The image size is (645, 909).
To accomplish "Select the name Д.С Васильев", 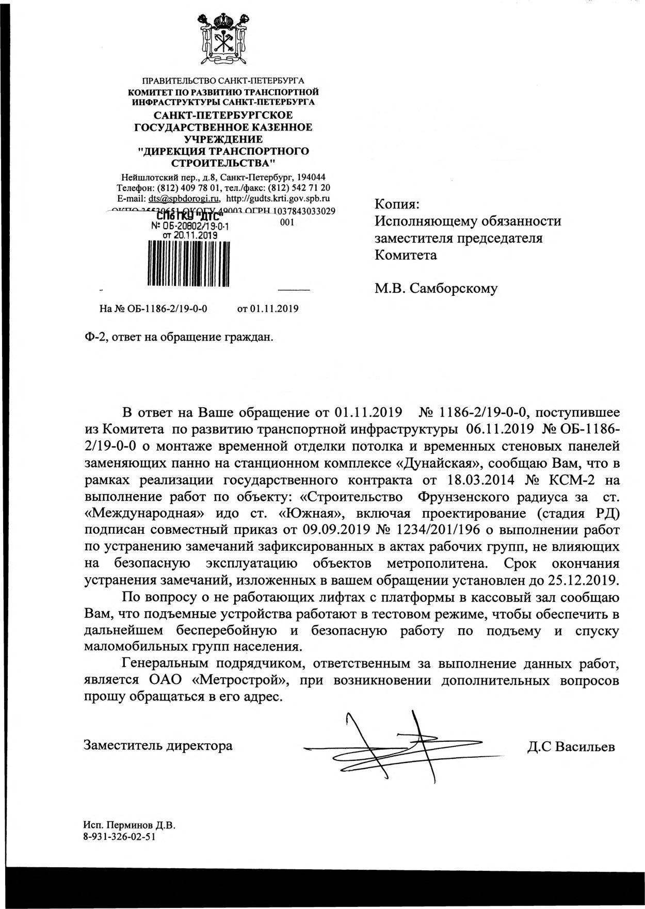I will (571, 746).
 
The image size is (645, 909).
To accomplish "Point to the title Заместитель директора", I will (158, 746).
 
